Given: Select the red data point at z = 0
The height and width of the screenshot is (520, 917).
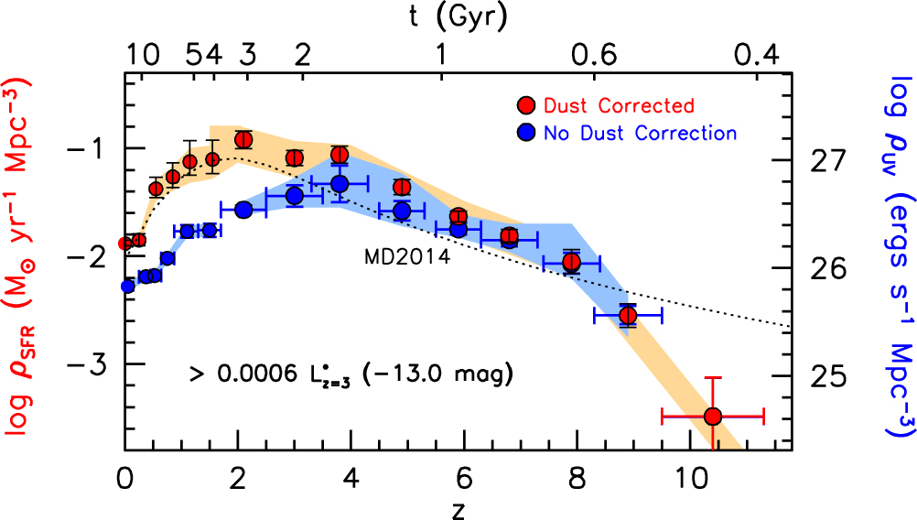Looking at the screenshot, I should pyautogui.click(x=126, y=244).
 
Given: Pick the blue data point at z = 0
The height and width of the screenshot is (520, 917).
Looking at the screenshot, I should pyautogui.click(x=127, y=287).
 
